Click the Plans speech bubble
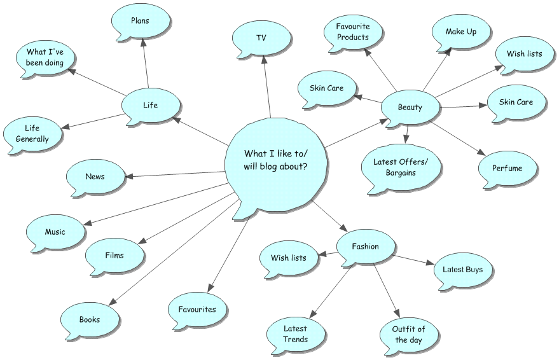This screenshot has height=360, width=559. [x=141, y=22]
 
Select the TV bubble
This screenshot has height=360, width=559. [x=261, y=39]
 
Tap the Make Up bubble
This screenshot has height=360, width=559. [x=461, y=32]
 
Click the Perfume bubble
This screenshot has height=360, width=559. [x=507, y=169]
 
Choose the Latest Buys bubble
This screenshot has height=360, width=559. [x=463, y=270]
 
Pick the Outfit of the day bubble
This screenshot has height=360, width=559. [x=408, y=335]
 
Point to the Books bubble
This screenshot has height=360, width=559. [x=90, y=320]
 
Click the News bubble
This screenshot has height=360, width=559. [x=95, y=177]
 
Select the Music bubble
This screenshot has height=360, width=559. [x=55, y=232]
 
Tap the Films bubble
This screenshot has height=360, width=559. [x=114, y=256]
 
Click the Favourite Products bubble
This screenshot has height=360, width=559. [x=353, y=32]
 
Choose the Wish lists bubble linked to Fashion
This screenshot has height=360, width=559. [x=289, y=258]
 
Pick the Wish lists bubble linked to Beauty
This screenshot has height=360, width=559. [x=525, y=55]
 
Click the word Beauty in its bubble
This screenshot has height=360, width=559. [x=410, y=107]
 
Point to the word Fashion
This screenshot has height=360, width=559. [x=366, y=247]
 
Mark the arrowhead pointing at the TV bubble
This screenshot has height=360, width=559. [x=264, y=59]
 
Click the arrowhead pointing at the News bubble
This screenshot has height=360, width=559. [x=129, y=176]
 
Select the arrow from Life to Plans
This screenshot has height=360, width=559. [x=146, y=63]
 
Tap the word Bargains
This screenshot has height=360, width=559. [x=401, y=173]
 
